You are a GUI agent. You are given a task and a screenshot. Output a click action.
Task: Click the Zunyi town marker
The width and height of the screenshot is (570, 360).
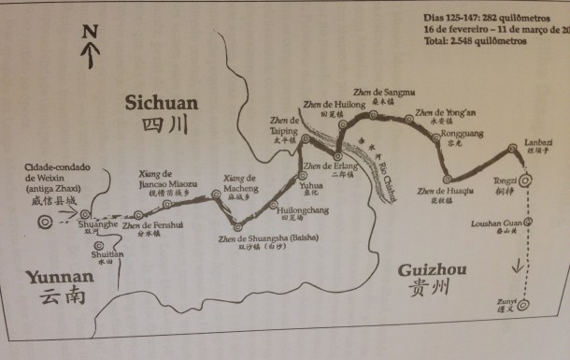tap(524, 304)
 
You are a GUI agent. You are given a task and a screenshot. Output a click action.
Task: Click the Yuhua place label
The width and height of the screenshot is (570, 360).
tap(310, 185)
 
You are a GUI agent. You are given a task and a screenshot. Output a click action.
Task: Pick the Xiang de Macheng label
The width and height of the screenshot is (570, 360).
tap(241, 183)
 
